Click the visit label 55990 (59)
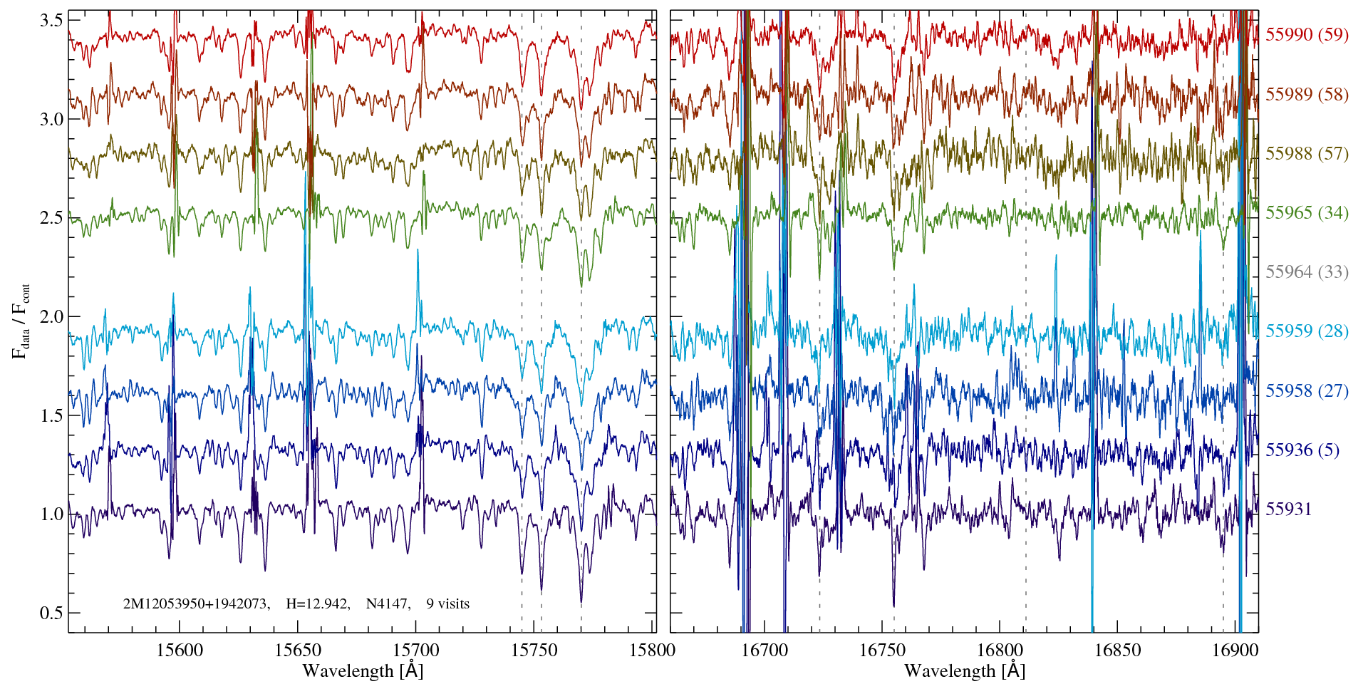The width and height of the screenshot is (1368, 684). [1307, 34]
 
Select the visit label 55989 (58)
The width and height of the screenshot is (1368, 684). [1307, 94]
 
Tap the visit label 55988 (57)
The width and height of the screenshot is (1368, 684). [1307, 153]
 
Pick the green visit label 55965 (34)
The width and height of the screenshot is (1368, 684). [1307, 212]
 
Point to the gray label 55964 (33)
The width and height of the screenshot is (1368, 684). [1307, 271]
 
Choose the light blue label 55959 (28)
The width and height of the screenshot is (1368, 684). [1307, 331]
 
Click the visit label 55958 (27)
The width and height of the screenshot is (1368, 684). [1307, 390]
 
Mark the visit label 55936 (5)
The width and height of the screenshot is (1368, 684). [1302, 450]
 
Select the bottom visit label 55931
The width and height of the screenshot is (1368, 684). [1288, 509]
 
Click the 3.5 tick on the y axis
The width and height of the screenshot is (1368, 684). [51, 21]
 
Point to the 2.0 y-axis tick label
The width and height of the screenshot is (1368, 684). [51, 316]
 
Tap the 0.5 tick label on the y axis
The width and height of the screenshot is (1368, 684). [51, 613]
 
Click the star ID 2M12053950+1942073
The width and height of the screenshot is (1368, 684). [196, 604]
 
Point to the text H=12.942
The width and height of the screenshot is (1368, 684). [317, 604]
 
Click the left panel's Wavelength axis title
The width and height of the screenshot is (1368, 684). [363, 670]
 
